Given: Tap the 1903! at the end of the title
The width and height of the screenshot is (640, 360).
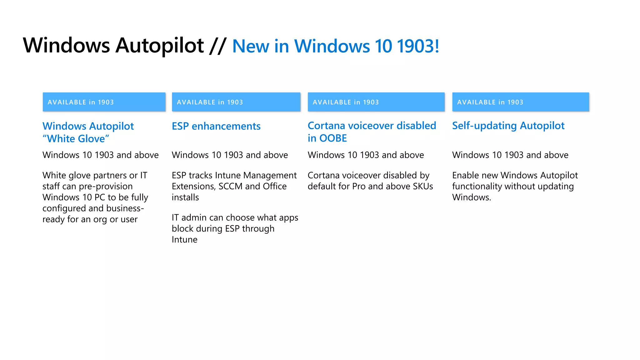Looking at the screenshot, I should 418,46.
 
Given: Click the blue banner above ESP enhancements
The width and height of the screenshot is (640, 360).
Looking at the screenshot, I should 236,102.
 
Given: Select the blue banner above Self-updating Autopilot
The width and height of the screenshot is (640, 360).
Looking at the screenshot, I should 520,102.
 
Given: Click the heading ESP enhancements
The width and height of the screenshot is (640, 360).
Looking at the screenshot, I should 216,126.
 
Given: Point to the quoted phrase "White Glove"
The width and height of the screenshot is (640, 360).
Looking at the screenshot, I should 76,138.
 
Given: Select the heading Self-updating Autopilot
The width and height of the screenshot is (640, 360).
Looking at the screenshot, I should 508,126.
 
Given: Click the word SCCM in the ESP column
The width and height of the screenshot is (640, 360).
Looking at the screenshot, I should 230,186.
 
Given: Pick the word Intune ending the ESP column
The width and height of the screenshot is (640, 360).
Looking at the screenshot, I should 184,240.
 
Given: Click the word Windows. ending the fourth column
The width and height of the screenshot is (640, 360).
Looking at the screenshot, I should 471,197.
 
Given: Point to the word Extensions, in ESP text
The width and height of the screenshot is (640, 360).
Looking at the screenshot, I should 194,186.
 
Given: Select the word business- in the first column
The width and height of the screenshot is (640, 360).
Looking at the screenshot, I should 125,208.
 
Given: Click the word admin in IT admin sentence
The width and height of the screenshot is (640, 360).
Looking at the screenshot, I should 194,217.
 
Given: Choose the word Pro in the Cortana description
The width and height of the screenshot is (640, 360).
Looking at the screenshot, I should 359,186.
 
